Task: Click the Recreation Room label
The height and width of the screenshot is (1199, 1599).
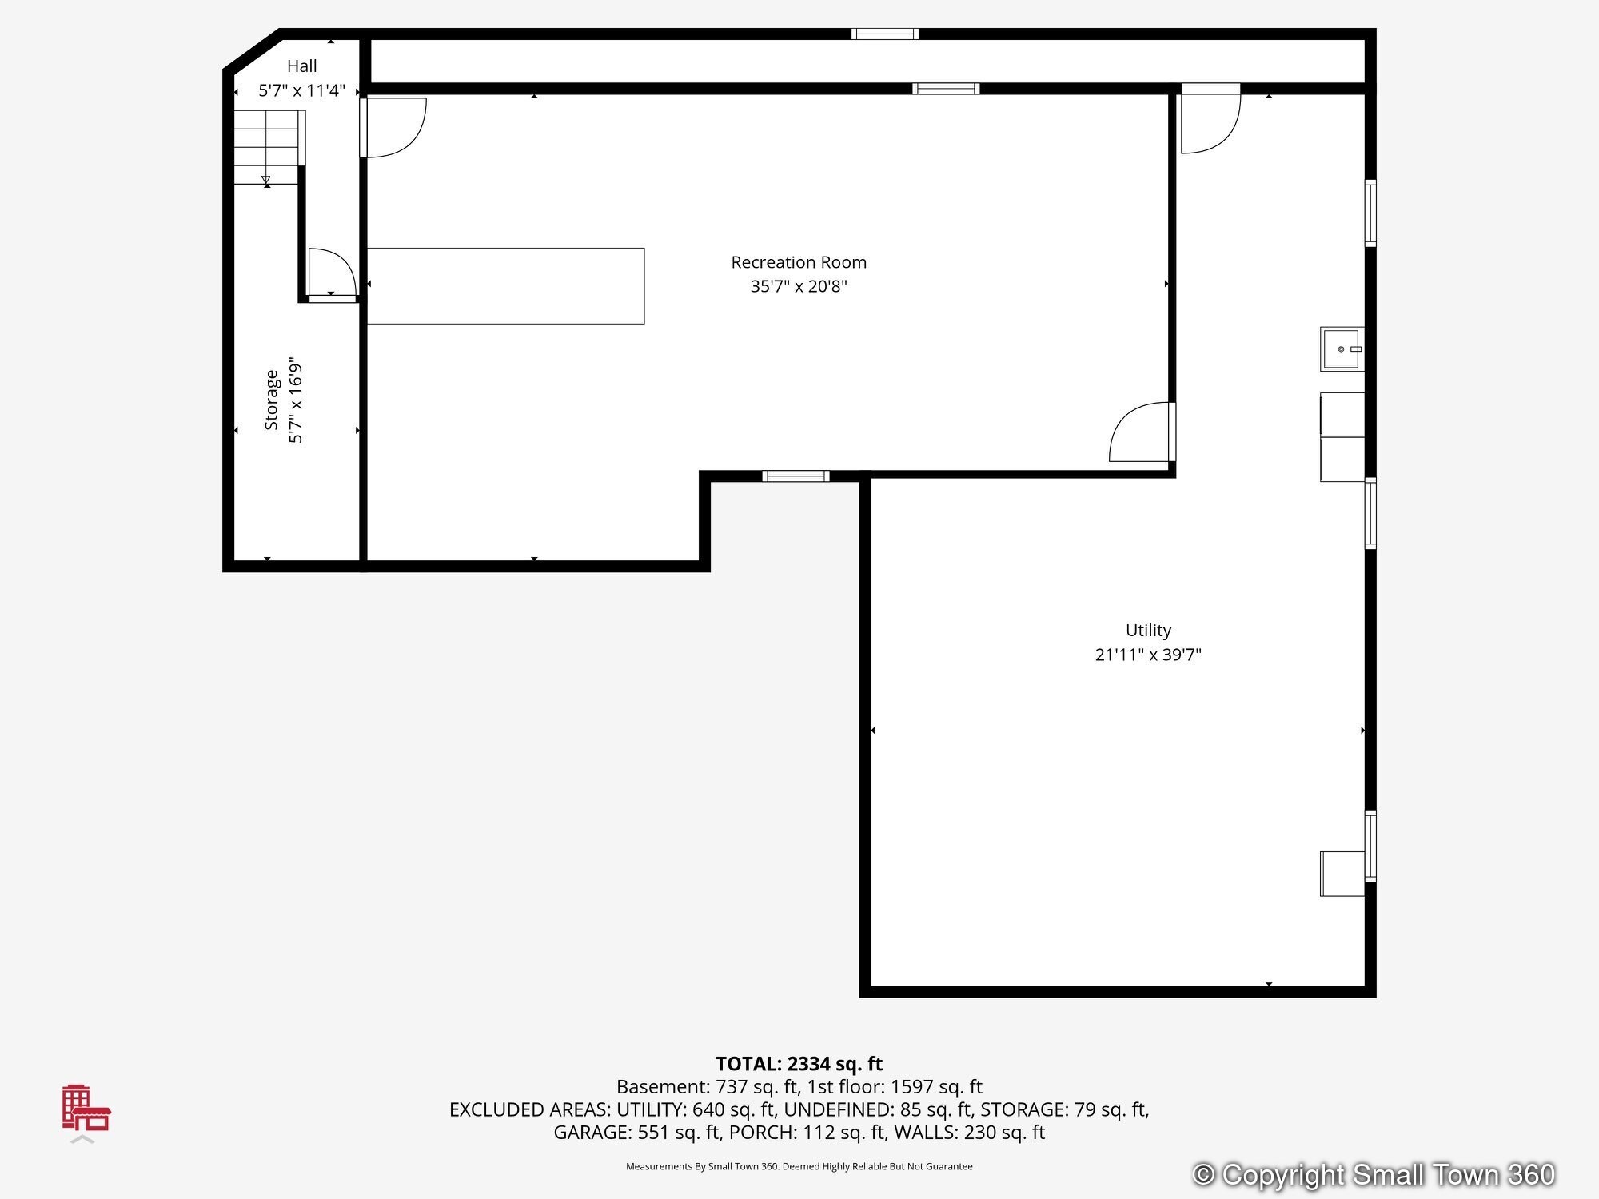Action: point(799,262)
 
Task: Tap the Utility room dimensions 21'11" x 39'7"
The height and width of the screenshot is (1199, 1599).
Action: point(1148,655)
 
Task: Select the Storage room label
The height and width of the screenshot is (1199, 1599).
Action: point(272,400)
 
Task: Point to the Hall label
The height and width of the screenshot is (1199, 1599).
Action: point(302,66)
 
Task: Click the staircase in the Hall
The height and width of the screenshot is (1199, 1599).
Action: point(269,148)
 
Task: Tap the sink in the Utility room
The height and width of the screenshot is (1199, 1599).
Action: point(1342,349)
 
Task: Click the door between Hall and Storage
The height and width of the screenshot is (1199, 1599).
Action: point(332,274)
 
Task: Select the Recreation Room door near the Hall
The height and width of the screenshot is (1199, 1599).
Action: point(393,127)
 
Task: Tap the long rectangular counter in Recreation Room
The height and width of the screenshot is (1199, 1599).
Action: point(505,286)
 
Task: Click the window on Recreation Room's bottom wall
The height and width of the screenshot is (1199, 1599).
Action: point(796,476)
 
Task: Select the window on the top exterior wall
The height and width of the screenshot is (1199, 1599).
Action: point(884,34)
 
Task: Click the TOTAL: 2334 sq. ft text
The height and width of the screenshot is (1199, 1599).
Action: point(799,1064)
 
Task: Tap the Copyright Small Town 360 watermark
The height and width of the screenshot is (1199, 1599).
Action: point(1373,1174)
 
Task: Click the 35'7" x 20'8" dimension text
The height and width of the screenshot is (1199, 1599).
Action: point(799,286)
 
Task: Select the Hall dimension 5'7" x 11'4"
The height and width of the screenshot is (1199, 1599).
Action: point(302,90)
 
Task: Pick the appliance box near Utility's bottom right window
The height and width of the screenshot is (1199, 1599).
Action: point(1342,874)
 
